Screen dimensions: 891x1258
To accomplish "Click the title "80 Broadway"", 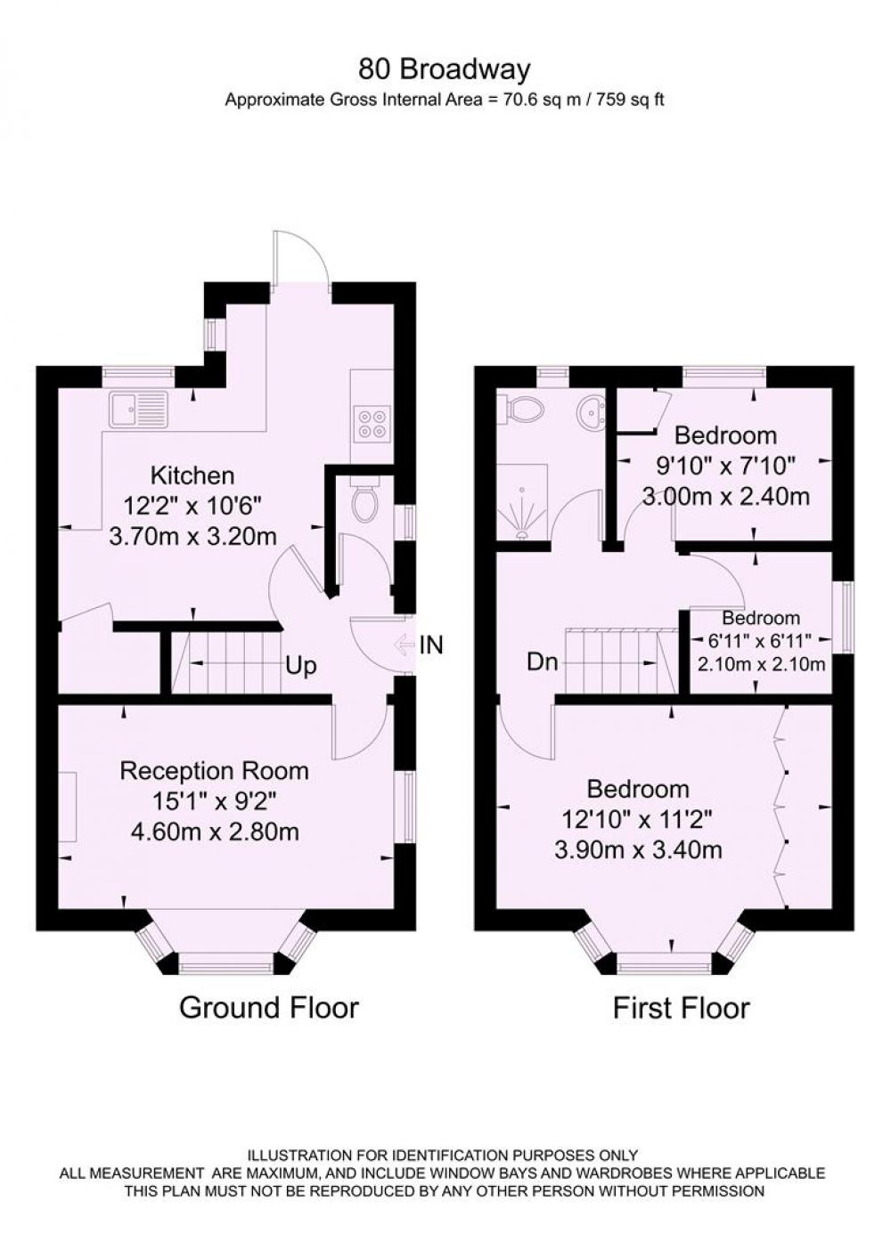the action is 444,69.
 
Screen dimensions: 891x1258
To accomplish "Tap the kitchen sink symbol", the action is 139,409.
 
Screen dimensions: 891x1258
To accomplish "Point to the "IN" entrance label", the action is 431,645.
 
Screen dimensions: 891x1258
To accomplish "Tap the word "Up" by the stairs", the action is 301,666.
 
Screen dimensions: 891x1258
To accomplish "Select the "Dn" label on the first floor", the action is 542,662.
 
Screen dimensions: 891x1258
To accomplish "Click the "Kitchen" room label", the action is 192,475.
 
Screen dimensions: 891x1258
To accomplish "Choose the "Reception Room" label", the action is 214,770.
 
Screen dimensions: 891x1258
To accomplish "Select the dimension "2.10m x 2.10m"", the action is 761,664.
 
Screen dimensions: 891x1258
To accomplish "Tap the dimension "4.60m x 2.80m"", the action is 214,832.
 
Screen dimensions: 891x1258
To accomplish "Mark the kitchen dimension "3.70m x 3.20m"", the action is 192,537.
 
